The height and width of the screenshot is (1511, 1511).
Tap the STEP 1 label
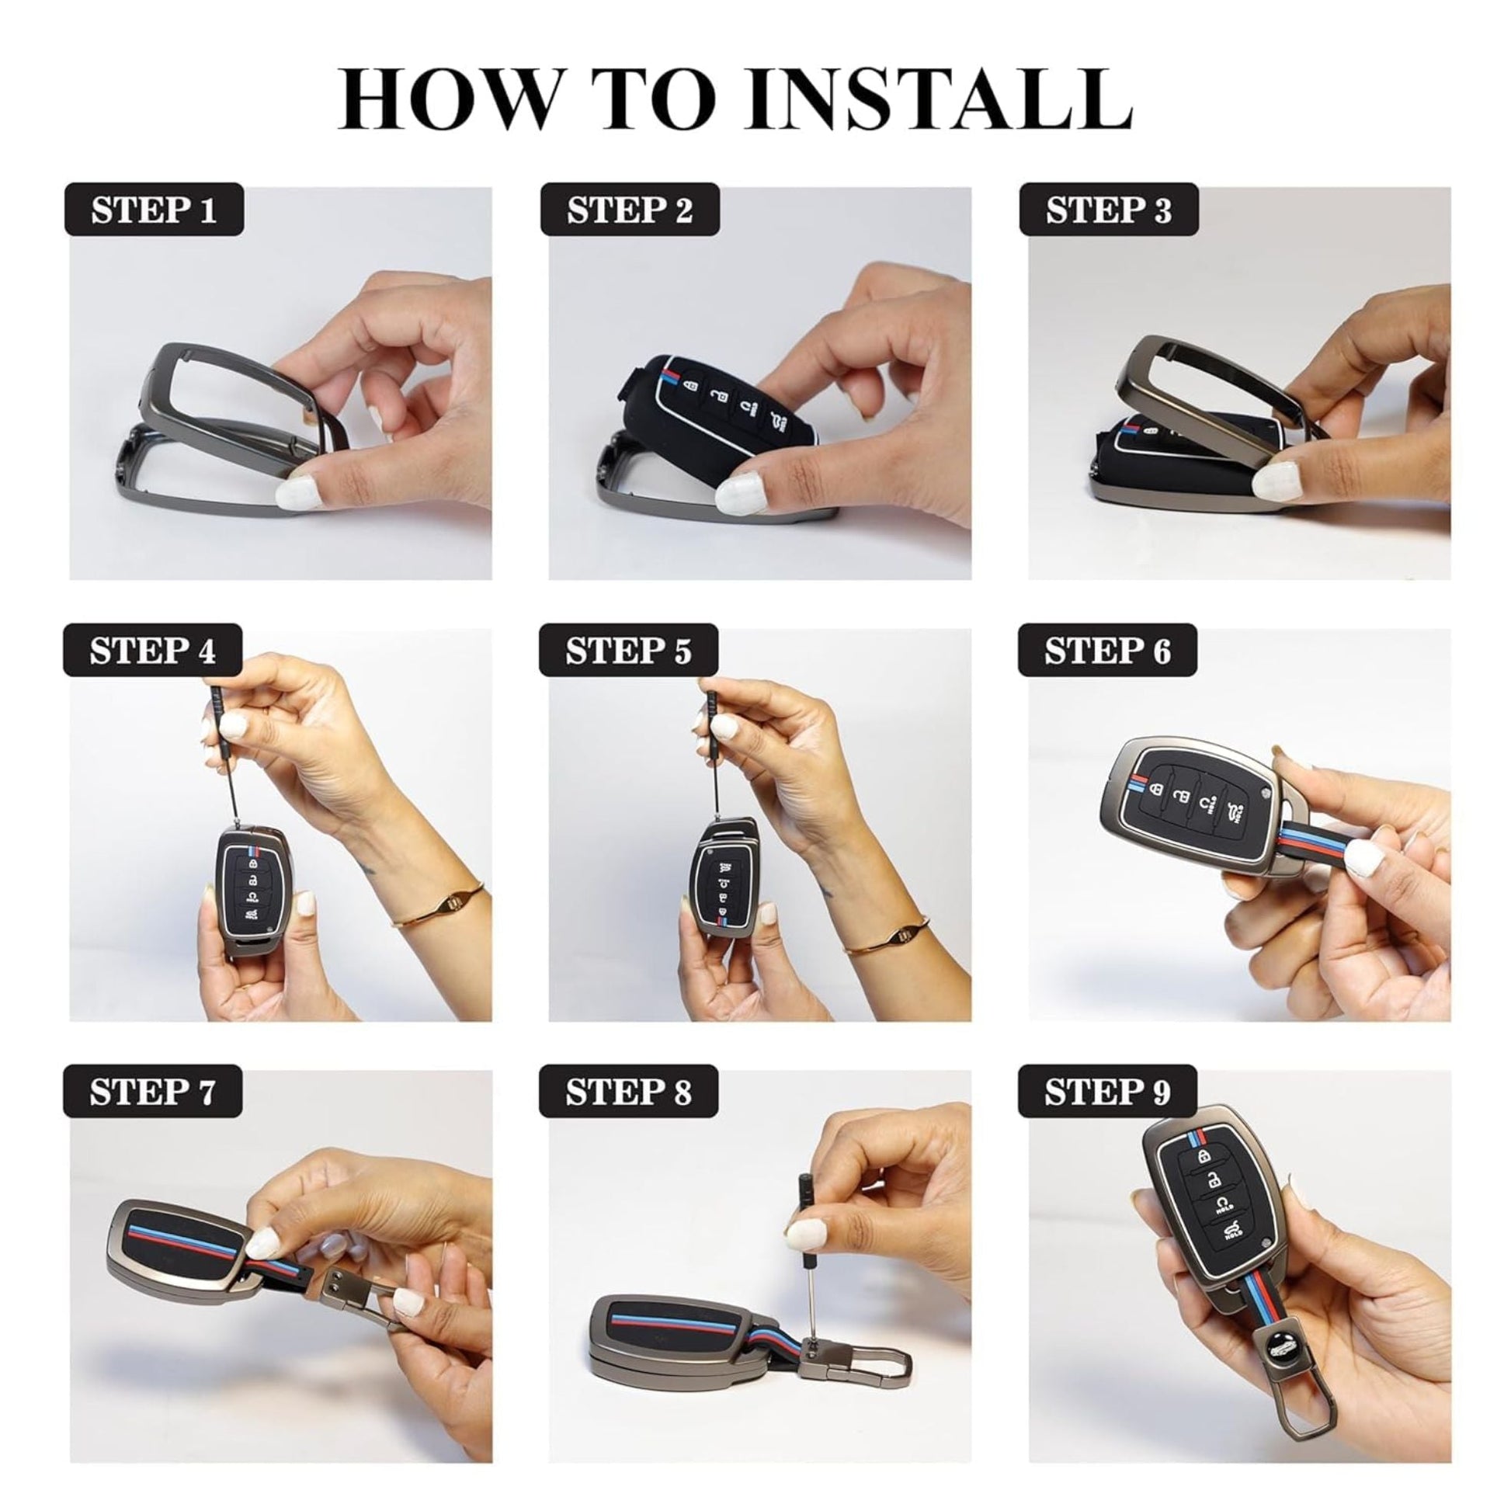pyautogui.click(x=153, y=210)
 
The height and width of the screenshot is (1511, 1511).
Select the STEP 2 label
pyautogui.click(x=630, y=210)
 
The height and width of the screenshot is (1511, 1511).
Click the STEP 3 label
pyautogui.click(x=1108, y=210)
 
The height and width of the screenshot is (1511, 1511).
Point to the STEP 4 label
pyautogui.click(x=152, y=651)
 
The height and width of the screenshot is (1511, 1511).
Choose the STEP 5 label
pyautogui.click(x=629, y=651)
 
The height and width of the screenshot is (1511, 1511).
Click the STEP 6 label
pyautogui.click(x=1107, y=651)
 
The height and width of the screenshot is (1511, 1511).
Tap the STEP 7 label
pyautogui.click(x=152, y=1092)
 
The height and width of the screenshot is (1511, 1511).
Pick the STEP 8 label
pyautogui.click(x=629, y=1092)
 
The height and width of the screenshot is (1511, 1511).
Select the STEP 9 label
pyautogui.click(x=1107, y=1092)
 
